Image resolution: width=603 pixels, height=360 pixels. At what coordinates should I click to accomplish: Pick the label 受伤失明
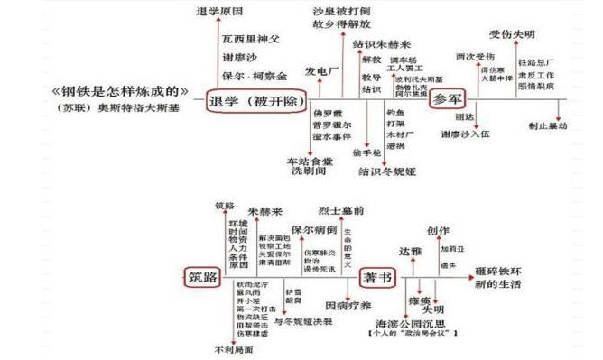pos(514,35)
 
